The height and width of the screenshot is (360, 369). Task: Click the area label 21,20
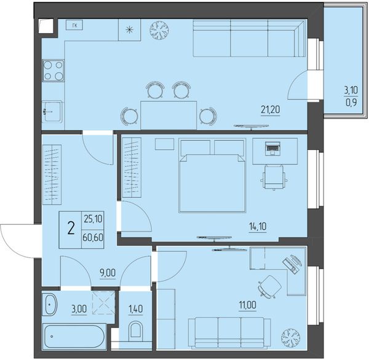coord(271,109)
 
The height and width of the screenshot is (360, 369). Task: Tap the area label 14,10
coord(258,227)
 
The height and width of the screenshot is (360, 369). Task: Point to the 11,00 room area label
coord(248,305)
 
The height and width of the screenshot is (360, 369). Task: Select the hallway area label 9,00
coord(108,273)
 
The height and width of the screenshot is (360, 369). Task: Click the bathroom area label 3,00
coord(79,309)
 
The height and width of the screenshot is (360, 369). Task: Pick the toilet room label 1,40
coord(135,309)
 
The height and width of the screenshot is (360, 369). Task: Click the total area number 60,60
coord(93,238)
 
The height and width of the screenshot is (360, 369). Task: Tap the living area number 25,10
coord(93,219)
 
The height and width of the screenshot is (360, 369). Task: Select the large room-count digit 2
coord(71,229)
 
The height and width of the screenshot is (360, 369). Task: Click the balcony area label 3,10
coord(351,90)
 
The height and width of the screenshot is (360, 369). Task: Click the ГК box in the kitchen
coord(74,25)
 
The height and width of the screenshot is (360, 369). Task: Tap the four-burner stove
coord(53,70)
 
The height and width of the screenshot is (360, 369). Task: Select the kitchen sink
coord(52,111)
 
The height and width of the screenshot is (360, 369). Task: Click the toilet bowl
coord(135,330)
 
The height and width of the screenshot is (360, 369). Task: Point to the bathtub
coord(74,337)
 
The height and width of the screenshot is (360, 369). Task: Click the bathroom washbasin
coord(50,304)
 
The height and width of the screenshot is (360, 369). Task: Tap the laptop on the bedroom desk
coord(272,149)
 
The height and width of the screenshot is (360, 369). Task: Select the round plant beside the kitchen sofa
coord(159,30)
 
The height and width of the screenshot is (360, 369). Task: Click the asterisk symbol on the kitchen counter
coord(129,30)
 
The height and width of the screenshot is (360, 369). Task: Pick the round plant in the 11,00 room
coord(291,338)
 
